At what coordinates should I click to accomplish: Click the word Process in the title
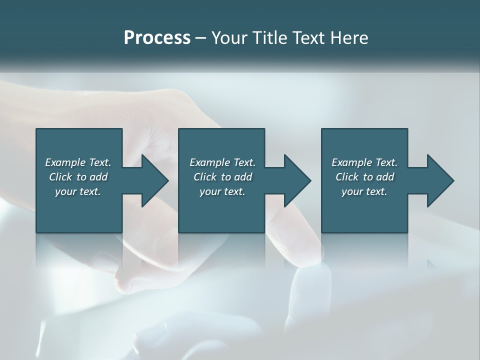point(157,38)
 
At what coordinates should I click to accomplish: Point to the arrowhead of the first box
point(155,180)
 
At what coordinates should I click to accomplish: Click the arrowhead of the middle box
point(297,180)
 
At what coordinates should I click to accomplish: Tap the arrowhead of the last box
point(440,180)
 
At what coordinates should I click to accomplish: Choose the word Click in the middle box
point(205,177)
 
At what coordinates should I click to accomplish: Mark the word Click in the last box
point(347,177)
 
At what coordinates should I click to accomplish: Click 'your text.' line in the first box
point(78,191)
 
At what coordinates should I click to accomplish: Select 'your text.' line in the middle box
point(222,191)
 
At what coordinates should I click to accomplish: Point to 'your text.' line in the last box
point(364,191)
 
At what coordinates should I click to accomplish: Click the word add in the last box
point(384,177)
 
